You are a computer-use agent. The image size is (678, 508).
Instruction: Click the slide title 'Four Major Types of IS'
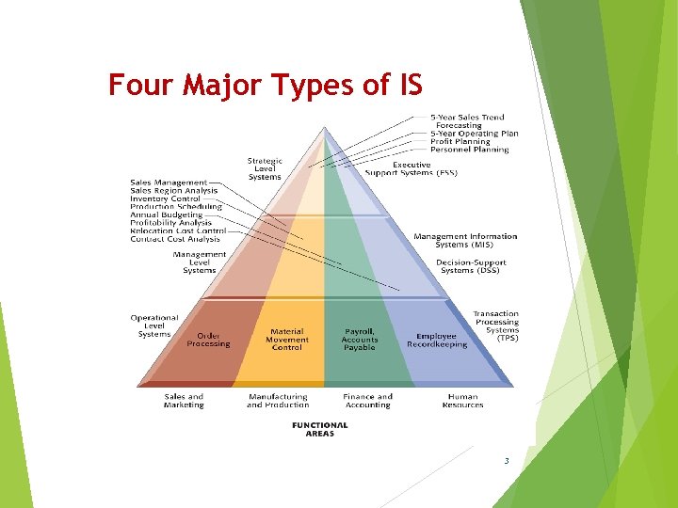pyautogui.click(x=265, y=86)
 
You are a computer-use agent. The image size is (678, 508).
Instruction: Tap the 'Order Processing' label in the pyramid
pyautogui.click(x=208, y=340)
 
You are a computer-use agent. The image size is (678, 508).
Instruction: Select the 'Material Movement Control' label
pyautogui.click(x=287, y=340)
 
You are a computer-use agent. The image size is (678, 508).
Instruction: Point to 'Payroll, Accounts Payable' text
pyautogui.click(x=359, y=340)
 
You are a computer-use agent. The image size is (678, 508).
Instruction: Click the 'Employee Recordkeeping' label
pyautogui.click(x=437, y=340)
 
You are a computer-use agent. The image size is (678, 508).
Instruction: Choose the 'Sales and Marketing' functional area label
pyautogui.click(x=184, y=401)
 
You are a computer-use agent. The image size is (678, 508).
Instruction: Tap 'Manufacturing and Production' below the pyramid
pyautogui.click(x=278, y=401)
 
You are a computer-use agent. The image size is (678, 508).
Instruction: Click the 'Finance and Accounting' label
pyautogui.click(x=367, y=401)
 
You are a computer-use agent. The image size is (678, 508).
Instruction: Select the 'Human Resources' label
pyautogui.click(x=463, y=401)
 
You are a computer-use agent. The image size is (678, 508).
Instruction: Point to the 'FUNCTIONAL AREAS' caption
pyautogui.click(x=320, y=429)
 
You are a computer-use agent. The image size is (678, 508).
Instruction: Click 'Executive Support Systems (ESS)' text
pyautogui.click(x=412, y=169)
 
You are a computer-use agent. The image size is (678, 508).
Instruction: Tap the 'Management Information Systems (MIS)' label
pyautogui.click(x=465, y=241)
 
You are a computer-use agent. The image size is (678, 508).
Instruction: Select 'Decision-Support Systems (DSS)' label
pyautogui.click(x=471, y=266)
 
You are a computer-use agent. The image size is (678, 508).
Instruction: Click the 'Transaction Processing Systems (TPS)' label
pyautogui.click(x=496, y=325)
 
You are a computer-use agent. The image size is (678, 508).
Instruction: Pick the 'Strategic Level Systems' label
pyautogui.click(x=265, y=169)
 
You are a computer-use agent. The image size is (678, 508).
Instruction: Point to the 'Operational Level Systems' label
pyautogui.click(x=154, y=325)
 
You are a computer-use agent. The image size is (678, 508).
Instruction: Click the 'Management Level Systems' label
pyautogui.click(x=200, y=262)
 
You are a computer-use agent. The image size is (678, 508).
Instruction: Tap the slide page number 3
pyautogui.click(x=507, y=461)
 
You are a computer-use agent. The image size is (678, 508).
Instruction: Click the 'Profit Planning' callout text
pyautogui.click(x=460, y=142)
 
